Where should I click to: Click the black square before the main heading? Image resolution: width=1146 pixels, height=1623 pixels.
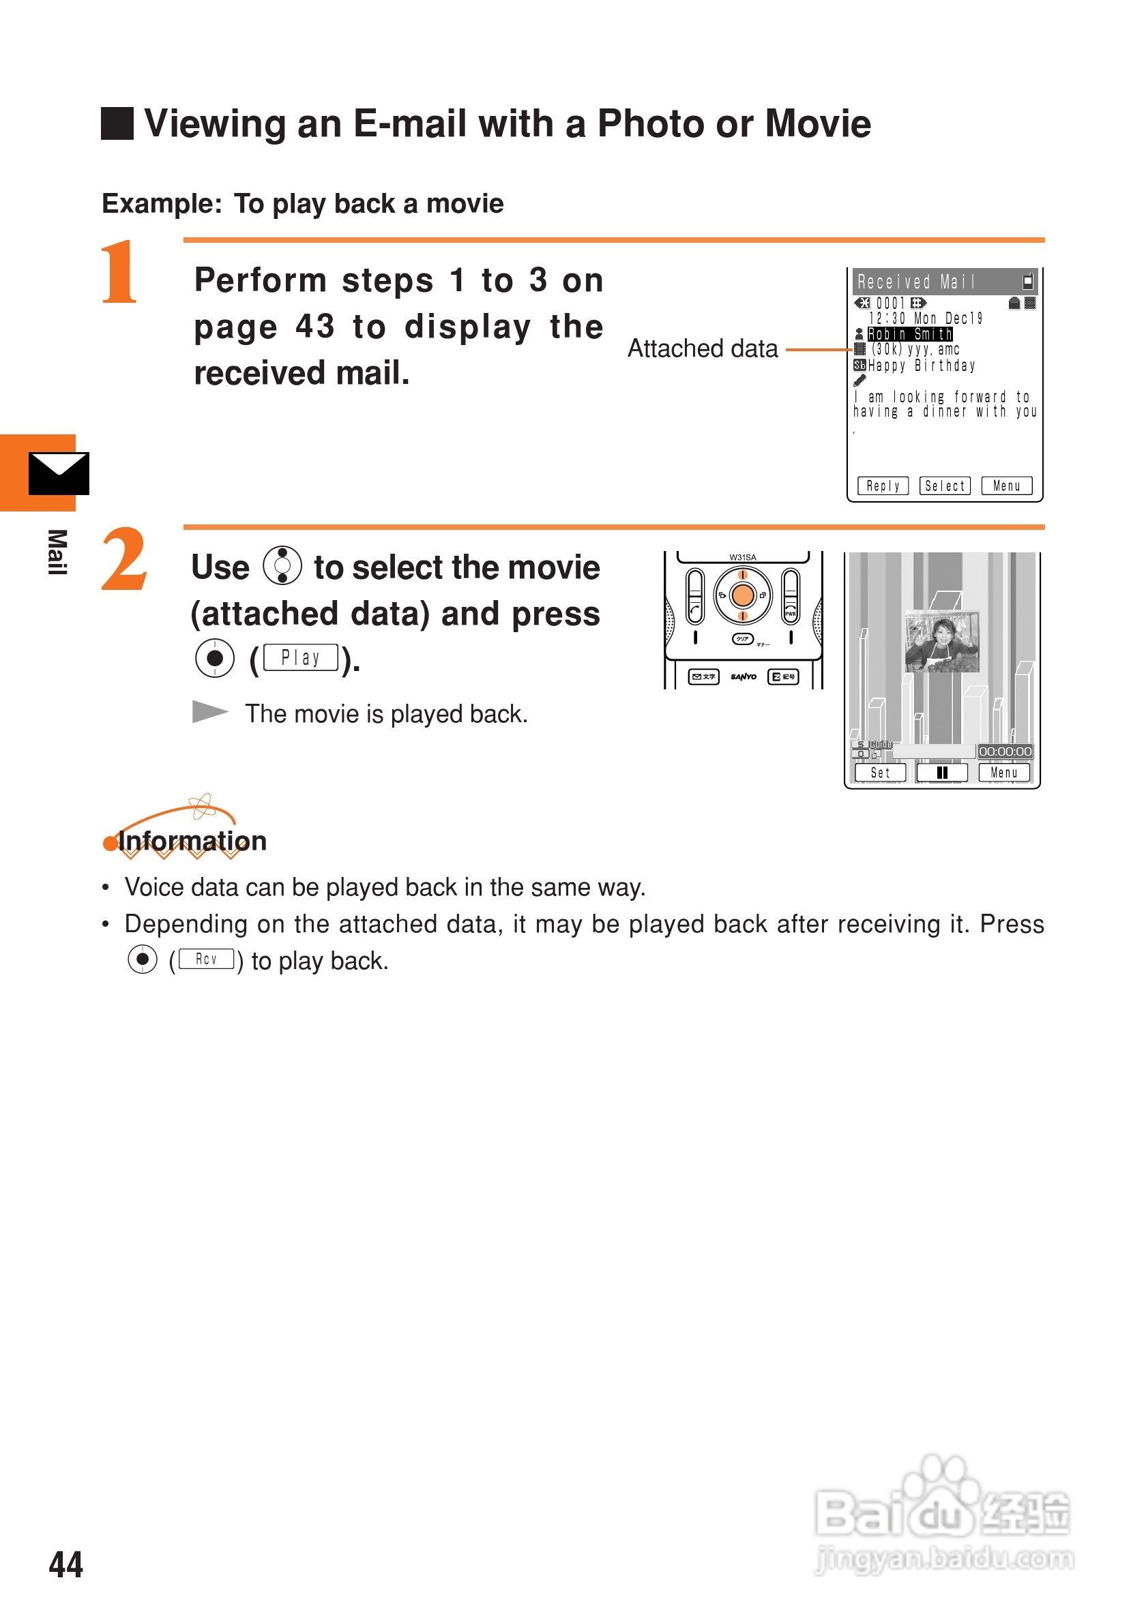[117, 123]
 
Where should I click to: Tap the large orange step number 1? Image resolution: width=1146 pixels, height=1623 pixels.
[119, 271]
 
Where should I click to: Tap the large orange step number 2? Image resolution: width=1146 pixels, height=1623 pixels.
[123, 559]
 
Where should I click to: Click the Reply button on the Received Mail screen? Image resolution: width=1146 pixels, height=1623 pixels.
[882, 486]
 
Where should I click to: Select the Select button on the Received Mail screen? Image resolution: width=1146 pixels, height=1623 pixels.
[945, 486]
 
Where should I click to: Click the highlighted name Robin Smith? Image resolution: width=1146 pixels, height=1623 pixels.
[909, 333]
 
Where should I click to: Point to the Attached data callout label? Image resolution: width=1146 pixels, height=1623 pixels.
[702, 348]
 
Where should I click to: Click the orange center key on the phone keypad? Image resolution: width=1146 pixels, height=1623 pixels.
[742, 595]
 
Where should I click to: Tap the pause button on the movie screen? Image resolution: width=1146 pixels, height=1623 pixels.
[941, 773]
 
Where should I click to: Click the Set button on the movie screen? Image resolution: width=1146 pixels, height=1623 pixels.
[880, 773]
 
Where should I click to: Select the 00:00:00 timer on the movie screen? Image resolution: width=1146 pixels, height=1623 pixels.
[1005, 751]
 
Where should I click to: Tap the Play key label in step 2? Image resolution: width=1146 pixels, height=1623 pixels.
[300, 658]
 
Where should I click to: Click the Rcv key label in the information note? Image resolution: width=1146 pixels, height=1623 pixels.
[206, 959]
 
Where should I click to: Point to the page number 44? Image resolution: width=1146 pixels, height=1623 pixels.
[65, 1564]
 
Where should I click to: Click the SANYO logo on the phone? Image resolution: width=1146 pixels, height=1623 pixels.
[743, 676]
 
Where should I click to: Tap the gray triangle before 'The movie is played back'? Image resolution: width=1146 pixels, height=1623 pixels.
[209, 711]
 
